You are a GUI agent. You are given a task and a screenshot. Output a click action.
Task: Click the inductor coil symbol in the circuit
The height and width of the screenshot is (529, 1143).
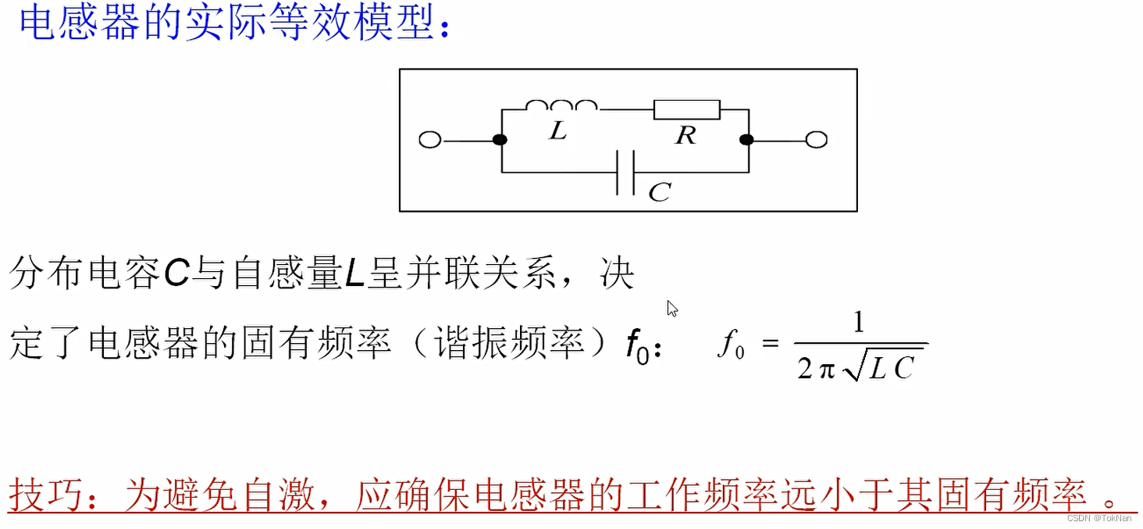pos(561,106)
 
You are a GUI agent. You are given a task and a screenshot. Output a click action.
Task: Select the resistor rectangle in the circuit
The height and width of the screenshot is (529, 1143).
pos(686,109)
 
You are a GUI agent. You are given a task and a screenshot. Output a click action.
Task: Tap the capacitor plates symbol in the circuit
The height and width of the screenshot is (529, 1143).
pos(625,172)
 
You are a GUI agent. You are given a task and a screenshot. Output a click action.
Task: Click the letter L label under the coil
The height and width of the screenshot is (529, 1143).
pos(557,131)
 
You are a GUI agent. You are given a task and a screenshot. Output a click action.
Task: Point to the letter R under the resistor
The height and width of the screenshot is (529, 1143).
pos(685,136)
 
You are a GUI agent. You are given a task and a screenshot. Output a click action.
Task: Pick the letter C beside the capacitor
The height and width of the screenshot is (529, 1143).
pos(660,192)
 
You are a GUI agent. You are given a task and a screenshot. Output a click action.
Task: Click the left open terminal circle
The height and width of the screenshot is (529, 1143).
pos(429,140)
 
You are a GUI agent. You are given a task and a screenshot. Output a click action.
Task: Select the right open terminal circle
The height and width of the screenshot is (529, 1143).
pos(816,140)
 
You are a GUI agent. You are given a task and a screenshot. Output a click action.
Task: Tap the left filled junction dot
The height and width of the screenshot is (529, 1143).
pos(500,140)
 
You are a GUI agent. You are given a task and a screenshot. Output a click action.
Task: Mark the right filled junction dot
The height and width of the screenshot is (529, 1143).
pos(746,140)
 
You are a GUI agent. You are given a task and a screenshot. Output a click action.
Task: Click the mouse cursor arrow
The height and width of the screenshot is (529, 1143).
pos(672,309)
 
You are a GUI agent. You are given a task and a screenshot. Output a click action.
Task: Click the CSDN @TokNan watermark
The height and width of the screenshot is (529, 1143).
pos(1101,518)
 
